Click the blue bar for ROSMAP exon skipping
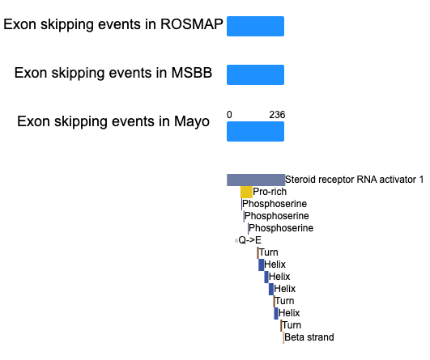255,26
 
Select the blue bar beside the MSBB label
255,74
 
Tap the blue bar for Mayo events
255,132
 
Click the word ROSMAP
192,24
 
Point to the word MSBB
192,73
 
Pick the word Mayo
192,121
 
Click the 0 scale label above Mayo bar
229,115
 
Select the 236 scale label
277,115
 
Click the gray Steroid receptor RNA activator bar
256,180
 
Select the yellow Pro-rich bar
246,192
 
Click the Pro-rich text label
270,192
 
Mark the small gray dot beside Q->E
236,241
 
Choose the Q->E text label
250,240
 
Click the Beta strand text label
309,337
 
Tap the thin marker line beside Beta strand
283,337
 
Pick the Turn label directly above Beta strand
292,325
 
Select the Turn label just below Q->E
269,252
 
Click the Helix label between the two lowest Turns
289,313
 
